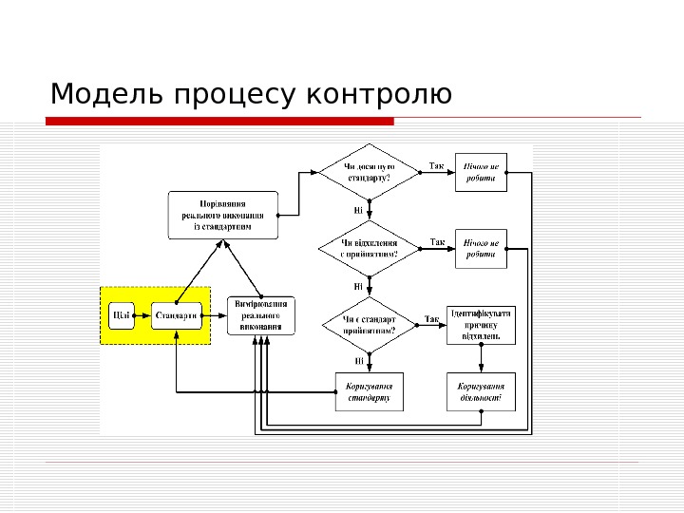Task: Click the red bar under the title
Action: (219, 122)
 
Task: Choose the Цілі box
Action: (122, 314)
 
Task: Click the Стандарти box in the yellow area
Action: (177, 314)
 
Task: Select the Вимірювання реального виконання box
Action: (260, 315)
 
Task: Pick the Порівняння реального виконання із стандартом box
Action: (223, 215)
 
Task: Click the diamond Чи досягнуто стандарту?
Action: (369, 172)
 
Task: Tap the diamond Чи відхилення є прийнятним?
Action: (369, 249)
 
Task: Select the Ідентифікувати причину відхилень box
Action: (481, 325)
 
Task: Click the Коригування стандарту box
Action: (369, 391)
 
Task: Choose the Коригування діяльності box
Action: (481, 391)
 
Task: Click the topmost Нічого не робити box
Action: (481, 172)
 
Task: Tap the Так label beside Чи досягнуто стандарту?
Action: (436, 166)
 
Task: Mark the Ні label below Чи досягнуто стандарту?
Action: (358, 210)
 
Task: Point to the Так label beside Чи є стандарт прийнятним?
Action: (430, 319)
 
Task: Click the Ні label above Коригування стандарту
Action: (359, 361)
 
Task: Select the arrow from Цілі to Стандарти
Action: (143, 314)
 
